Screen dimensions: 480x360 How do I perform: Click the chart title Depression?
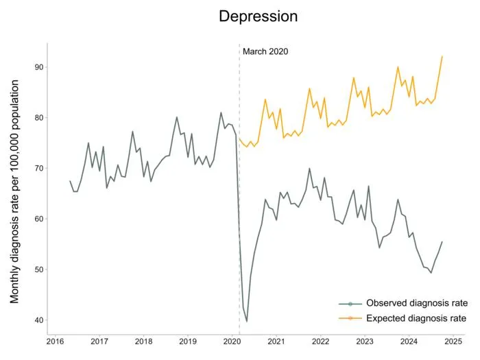point(258,16)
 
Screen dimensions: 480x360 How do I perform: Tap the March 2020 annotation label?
point(265,51)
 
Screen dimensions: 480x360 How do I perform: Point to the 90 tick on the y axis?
point(38,67)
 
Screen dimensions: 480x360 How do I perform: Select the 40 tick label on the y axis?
point(38,320)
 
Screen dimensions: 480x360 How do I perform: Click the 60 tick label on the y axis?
point(38,219)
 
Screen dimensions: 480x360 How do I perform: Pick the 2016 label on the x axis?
point(55,341)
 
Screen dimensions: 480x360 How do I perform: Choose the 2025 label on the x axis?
point(453,341)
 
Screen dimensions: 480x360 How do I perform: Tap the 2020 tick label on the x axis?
point(232,341)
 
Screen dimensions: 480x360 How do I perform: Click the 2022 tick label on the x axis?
point(320,341)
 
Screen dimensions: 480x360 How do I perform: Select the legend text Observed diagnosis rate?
point(417,303)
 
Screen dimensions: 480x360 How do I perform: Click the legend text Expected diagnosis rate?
point(416,318)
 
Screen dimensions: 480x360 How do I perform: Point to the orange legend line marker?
point(350,318)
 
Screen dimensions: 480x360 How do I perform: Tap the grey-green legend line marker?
point(350,304)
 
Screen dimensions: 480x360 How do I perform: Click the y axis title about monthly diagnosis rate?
point(14,191)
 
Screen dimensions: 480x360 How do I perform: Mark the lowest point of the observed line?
point(246,322)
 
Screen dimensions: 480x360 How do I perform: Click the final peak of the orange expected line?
point(442,56)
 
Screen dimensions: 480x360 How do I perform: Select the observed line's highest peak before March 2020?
point(221,112)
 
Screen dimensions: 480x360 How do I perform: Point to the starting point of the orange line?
point(239,139)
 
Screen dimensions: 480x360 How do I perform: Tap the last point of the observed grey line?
point(442,242)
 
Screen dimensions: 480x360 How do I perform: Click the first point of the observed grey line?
point(70,181)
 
